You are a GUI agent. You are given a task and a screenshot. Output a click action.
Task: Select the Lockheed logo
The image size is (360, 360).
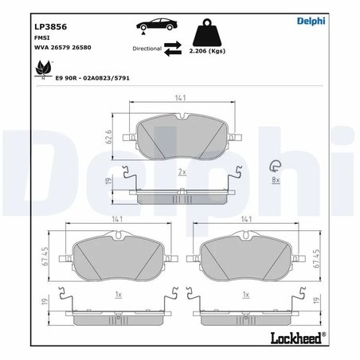click(x=302, y=336)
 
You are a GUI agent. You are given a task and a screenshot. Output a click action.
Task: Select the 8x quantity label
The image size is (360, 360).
click(x=276, y=180)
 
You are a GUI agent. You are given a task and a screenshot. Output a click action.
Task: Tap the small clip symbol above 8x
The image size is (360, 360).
click(x=276, y=165)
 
